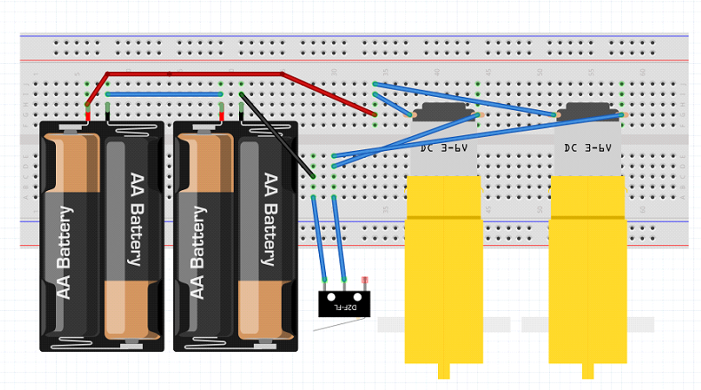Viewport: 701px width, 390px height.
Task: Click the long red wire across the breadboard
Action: pos(195,74)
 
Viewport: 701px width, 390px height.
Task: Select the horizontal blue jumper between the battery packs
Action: pos(164,93)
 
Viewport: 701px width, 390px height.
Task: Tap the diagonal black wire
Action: pos(275,133)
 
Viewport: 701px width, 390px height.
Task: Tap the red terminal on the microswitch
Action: pos(365,281)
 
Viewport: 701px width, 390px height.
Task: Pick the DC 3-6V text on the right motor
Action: pos(587,148)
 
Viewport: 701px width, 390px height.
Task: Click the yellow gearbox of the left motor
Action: pos(443,267)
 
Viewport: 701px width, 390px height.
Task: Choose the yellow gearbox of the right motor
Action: pos(587,267)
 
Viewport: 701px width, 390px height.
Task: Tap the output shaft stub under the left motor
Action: pos(443,371)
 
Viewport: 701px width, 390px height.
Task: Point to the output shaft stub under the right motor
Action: pos(587,371)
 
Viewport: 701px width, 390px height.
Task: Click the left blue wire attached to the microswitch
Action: pos(319,240)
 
